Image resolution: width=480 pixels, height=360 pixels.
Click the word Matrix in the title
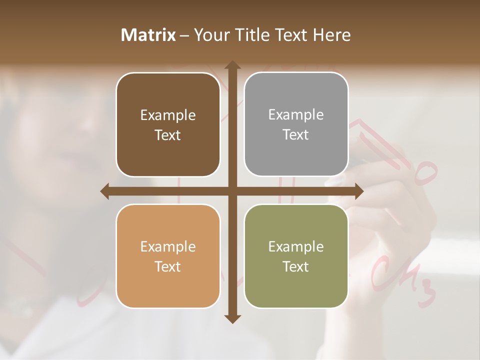tap(148, 35)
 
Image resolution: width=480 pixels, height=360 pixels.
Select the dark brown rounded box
tap(168, 125)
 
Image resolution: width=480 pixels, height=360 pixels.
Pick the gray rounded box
tap(296, 124)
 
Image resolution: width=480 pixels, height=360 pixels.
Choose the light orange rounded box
tap(168, 256)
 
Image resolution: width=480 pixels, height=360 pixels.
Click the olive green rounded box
tap(296, 256)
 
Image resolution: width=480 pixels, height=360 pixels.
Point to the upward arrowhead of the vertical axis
tap(232, 65)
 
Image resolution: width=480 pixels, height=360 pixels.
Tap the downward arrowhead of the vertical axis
tap(232, 318)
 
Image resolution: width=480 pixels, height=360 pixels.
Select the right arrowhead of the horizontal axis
tap(358, 191)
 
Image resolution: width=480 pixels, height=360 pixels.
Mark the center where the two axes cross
tap(232, 191)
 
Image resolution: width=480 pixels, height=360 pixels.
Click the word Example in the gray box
tap(296, 114)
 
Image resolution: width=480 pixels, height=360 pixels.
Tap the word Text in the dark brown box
tap(168, 135)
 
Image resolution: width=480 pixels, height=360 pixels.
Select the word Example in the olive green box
tap(296, 246)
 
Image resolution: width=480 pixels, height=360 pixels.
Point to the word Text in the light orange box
tap(168, 266)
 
